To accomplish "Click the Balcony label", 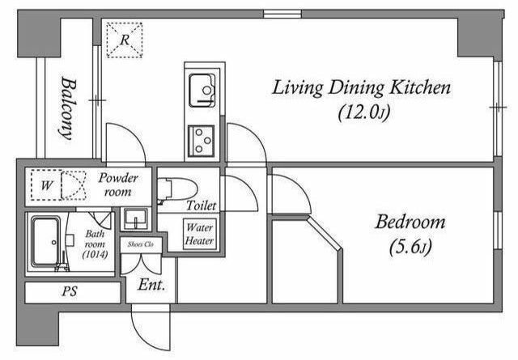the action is pos(68,108).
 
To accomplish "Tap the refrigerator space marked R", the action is pos(124,40).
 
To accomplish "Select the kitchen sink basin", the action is pos(202,90).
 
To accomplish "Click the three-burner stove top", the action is pos(201,141).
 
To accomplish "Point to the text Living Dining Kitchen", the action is pos(361,88).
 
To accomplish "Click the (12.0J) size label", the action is pos(364,112).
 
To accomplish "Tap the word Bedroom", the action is pos(410,222).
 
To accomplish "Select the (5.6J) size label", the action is pos(410,248).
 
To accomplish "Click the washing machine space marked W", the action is pos(46,185).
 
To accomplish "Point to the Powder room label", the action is pos(118,184).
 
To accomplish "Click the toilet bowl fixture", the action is pos(176,190).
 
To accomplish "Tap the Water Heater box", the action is pos(200,234).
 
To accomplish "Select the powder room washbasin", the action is pos(135,218).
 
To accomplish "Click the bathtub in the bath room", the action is pos(46,241).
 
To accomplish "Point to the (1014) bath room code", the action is pos(95,254).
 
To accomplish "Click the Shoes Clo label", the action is pos(141,244).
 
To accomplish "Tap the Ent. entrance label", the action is pos(151,285).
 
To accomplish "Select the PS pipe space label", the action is pos(70,291).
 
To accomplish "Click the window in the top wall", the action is pos(282,14).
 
